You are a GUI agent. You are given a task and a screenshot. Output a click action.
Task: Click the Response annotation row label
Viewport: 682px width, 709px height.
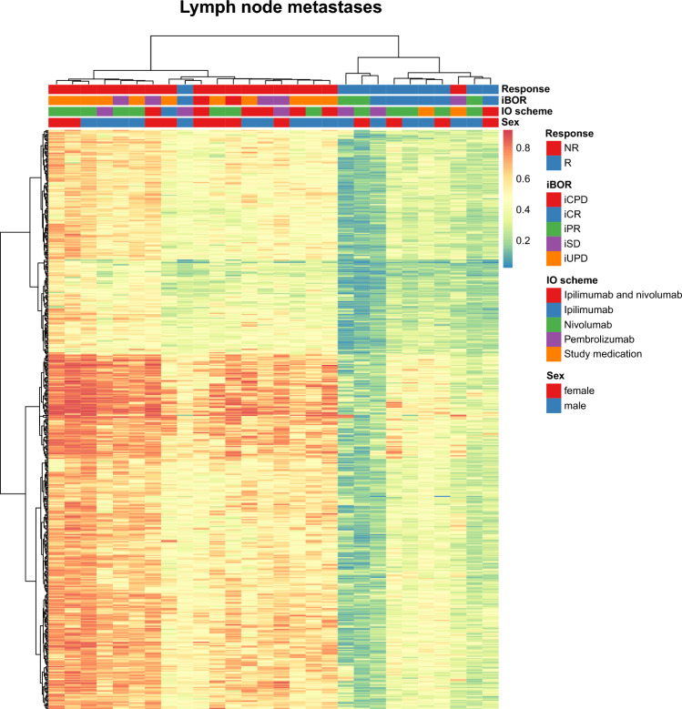click(529, 89)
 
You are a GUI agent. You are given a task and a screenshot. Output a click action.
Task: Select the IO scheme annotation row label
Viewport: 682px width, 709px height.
click(531, 111)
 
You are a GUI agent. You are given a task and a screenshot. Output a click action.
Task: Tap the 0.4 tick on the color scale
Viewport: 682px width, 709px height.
click(529, 209)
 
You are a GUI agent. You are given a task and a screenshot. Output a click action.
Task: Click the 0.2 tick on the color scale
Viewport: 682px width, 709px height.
click(529, 241)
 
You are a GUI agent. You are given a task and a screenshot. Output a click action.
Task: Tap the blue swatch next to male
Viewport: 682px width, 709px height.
click(553, 403)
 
